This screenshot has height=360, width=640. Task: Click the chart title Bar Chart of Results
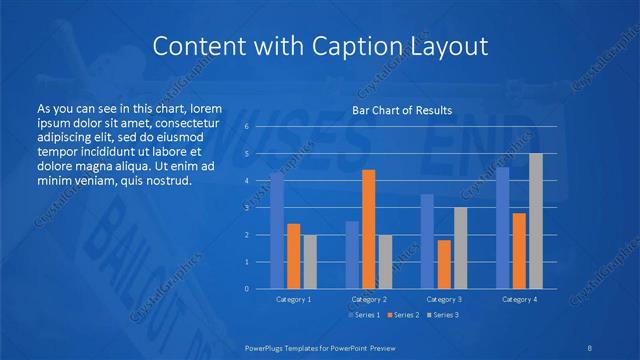pos(402,110)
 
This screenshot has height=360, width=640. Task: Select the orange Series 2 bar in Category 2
pos(368,229)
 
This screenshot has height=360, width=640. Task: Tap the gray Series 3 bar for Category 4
pos(535,221)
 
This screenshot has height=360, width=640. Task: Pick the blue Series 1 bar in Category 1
pos(277,230)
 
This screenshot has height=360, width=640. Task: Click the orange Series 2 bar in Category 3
pos(443,264)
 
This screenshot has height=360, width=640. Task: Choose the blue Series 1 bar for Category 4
pos(502,228)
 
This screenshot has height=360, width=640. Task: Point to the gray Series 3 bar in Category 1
pos(310,262)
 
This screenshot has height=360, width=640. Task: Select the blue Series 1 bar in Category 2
pos(352,255)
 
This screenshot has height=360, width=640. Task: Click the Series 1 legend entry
pos(363,316)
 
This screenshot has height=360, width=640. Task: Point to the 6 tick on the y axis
pos(246,127)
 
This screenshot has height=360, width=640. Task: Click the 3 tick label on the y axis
pos(246,208)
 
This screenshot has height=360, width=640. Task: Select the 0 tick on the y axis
pos(246,289)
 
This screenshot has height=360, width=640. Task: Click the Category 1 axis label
pos(294,299)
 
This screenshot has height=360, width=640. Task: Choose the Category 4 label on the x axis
pos(519,299)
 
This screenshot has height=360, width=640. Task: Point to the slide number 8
pos(587,347)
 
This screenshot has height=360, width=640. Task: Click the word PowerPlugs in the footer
pos(272,347)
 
